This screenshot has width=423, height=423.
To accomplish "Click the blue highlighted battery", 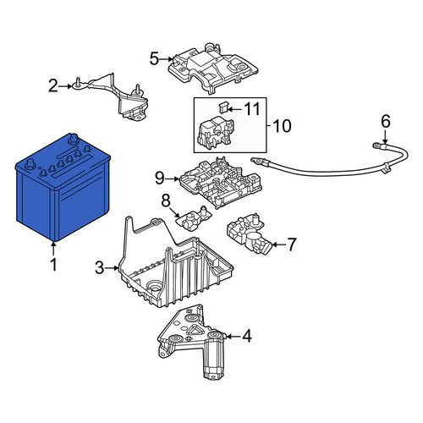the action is [x=63, y=188].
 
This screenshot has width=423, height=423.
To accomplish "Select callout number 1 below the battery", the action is [x=53, y=265].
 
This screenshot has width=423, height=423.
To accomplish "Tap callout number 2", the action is [x=52, y=85].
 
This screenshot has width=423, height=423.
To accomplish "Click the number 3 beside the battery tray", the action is [x=99, y=268].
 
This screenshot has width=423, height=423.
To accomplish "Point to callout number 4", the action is [x=247, y=336].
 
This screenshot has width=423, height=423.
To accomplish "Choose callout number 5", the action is [x=154, y=59].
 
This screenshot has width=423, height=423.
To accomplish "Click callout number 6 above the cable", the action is [x=386, y=121].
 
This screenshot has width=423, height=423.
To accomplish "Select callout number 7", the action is [x=292, y=244].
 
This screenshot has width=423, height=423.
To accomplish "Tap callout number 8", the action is [x=166, y=201].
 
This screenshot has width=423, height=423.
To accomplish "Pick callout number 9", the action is [x=159, y=179].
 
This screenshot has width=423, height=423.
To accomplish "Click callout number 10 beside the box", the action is [x=282, y=126].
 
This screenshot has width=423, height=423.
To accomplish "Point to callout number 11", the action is [x=252, y=109].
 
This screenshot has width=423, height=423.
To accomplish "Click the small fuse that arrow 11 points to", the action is [x=222, y=107].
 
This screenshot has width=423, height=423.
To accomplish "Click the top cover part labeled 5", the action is [x=212, y=69].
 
